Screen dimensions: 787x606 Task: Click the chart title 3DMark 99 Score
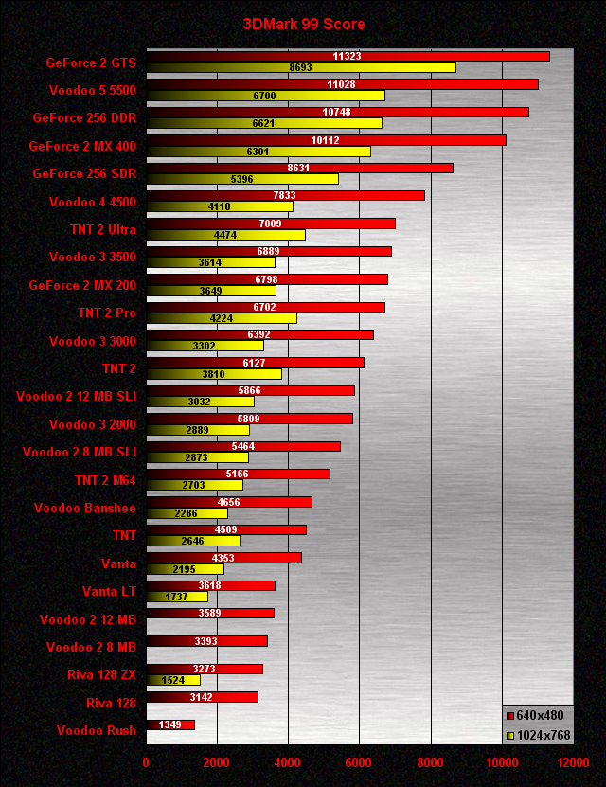tap(303, 25)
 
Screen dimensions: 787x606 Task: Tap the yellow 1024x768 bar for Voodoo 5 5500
tap(265, 96)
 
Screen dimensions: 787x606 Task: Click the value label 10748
tap(337, 112)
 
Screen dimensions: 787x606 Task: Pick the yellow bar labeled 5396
tap(241, 179)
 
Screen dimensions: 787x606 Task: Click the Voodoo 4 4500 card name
tap(93, 202)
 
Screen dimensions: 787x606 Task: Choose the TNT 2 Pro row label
tap(107, 313)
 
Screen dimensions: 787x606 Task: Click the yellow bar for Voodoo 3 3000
tap(205, 346)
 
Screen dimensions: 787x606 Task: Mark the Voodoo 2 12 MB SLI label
tap(76, 396)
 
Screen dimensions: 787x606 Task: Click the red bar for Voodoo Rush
tap(170, 724)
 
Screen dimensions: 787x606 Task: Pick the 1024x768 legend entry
tap(539, 735)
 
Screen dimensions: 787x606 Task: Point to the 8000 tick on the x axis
tap(430, 762)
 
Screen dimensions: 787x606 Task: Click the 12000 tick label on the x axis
tap(572, 762)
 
